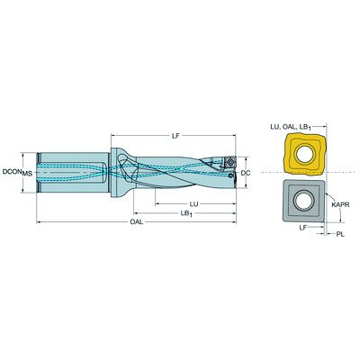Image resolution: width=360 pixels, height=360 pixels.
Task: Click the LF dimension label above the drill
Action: tap(175, 136)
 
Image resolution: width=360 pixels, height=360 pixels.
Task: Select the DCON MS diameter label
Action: tap(17, 172)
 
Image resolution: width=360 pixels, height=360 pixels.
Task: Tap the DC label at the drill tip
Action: tap(246, 173)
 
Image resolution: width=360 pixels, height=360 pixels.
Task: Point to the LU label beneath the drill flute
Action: tap(193, 204)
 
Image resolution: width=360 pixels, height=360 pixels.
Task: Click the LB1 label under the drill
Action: tap(186, 213)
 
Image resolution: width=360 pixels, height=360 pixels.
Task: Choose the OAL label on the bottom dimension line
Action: tap(137, 222)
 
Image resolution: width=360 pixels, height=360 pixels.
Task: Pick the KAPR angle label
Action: tap(340, 205)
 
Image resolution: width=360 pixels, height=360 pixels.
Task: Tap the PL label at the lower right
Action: tap(340, 234)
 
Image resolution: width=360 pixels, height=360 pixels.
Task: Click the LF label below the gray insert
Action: tap(303, 228)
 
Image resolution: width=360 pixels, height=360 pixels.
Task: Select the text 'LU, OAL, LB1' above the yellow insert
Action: tap(291, 127)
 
